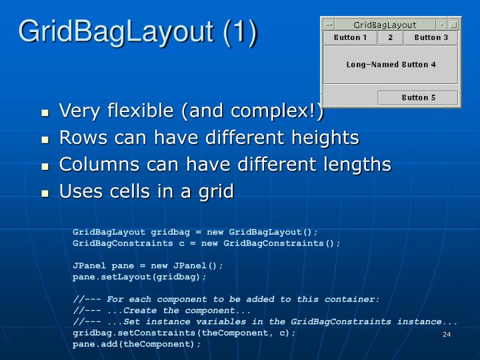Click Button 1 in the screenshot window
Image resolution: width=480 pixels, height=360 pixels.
point(350,38)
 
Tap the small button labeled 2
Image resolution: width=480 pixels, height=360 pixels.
point(390,38)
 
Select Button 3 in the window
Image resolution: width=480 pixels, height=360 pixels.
point(431,38)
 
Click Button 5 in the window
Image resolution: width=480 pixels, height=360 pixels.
point(418,98)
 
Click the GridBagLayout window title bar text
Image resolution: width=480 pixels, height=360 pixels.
point(385,25)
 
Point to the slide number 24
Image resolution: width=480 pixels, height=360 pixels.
point(447,334)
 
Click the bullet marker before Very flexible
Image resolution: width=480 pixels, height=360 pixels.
point(45,112)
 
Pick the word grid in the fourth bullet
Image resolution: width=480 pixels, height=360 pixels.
point(215,192)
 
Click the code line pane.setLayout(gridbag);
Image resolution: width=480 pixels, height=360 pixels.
point(139,277)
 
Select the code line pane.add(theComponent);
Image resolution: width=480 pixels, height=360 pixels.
point(137,345)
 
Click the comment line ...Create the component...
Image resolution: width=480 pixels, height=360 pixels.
point(162,311)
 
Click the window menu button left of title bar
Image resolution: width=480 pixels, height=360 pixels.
point(329,25)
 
